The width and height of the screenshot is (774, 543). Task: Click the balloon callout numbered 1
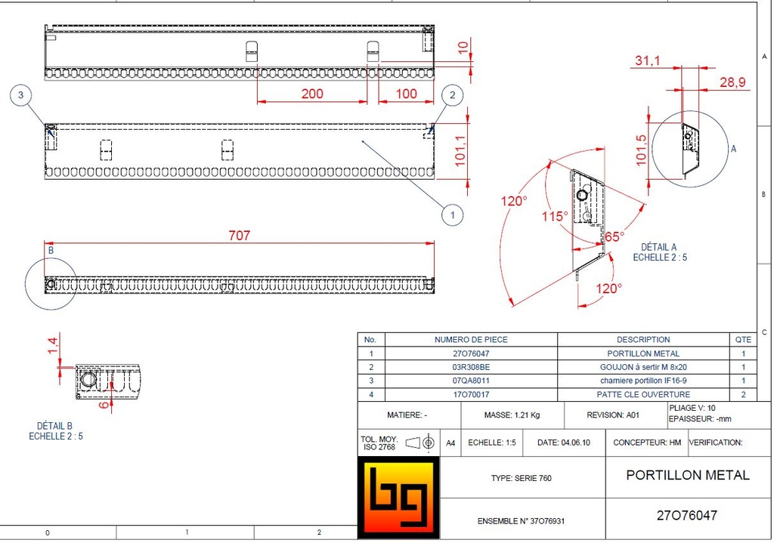tap(452, 215)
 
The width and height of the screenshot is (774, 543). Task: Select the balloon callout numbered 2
tap(452, 94)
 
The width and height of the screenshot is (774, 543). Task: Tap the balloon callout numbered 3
tap(21, 94)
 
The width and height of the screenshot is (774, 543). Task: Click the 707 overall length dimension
tap(239, 236)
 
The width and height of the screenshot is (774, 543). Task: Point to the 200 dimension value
tap(311, 94)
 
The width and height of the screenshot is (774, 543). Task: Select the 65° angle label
tap(614, 236)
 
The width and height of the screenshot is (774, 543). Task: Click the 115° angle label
tap(554, 216)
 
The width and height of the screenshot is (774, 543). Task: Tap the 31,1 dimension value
tap(648, 60)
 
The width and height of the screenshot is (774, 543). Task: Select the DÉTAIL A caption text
tap(659, 247)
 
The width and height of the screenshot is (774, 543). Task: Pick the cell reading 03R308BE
tap(470, 367)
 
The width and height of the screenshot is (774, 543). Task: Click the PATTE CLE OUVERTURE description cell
tap(642, 394)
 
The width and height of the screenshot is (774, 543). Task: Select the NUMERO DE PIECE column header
tap(470, 340)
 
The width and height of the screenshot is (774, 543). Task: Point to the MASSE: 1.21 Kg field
tap(511, 415)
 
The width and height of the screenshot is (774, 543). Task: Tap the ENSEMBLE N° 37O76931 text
tap(521, 521)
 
